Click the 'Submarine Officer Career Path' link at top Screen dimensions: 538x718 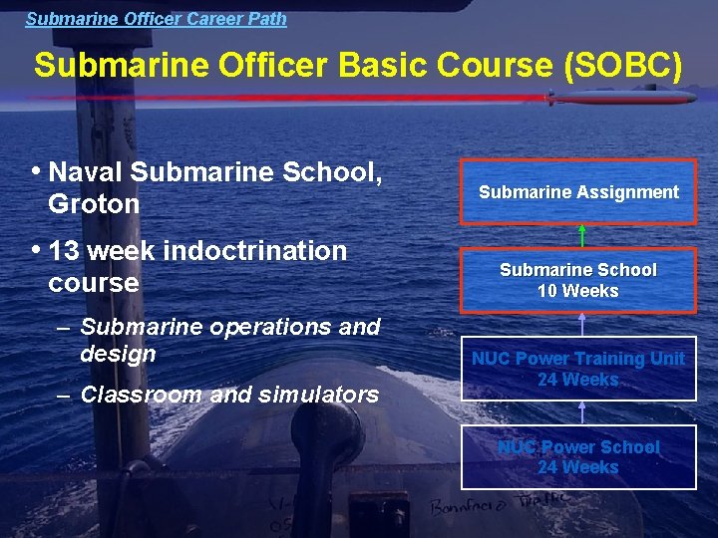pos(156,18)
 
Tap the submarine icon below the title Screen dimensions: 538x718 pos(620,98)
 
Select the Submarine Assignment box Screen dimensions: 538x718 pos(578,191)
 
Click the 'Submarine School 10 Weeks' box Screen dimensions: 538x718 pos(578,280)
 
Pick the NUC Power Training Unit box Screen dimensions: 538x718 pos(578,369)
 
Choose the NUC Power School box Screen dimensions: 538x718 pos(578,457)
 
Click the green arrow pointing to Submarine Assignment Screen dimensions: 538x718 pos(581,235)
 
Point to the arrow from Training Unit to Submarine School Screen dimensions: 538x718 pos(581,324)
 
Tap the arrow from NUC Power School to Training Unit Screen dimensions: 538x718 pos(581,412)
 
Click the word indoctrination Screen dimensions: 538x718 pos(254,250)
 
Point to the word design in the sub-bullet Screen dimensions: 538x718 pos(118,354)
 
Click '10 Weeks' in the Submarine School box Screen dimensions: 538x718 pos(578,291)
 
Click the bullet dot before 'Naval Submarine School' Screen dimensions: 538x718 pos(37,170)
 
